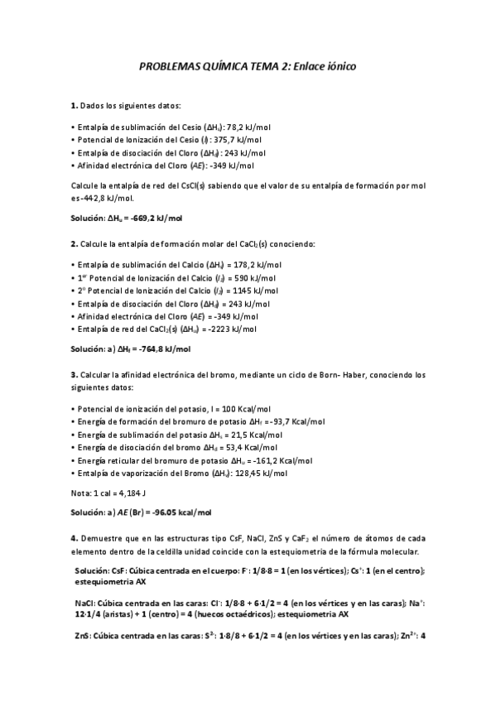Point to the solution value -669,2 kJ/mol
(x=155, y=217)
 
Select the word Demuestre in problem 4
(x=103, y=539)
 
